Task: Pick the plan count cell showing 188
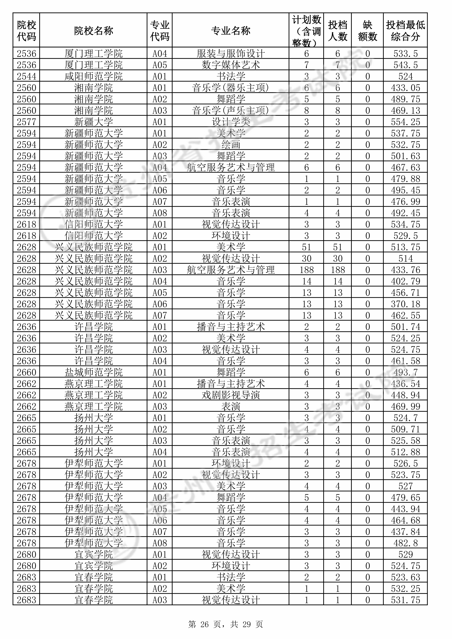(x=306, y=270)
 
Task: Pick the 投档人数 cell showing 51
(x=337, y=247)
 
